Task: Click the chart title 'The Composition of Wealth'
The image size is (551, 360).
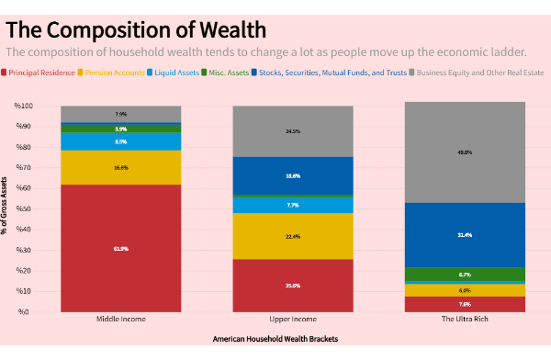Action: (x=136, y=28)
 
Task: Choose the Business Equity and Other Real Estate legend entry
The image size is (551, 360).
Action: (x=477, y=71)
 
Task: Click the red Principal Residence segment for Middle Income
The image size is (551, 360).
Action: (x=121, y=248)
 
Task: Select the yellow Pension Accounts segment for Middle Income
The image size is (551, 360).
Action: (x=121, y=167)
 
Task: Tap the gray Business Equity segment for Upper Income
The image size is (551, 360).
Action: (x=292, y=131)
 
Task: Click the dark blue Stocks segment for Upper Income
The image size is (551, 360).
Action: (x=292, y=174)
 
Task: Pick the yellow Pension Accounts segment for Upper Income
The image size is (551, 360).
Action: (x=292, y=236)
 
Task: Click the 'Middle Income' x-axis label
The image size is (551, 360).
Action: (x=121, y=321)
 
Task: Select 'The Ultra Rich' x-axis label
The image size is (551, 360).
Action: (x=465, y=321)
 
